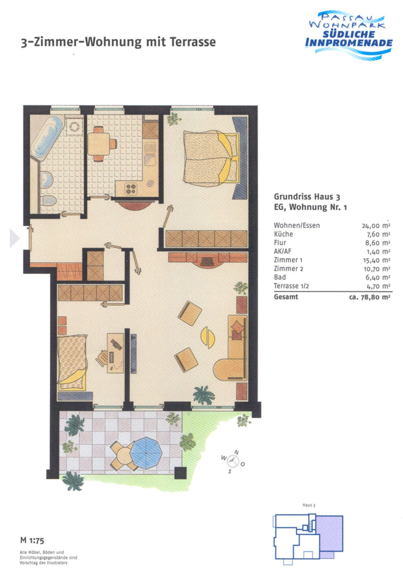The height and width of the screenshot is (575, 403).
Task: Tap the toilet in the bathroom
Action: coord(48,200)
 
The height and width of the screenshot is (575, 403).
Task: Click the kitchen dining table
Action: coord(99,144)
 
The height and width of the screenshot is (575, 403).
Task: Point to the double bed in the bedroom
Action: coord(211,158)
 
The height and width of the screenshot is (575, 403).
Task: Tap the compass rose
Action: coord(233,461)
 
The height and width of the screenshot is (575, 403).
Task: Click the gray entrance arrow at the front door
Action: coord(15,239)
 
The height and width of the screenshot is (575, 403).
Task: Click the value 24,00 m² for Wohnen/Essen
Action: coord(376,226)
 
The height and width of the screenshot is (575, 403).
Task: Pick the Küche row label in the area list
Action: coord(283,234)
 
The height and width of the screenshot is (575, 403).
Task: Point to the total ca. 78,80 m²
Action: coord(370,297)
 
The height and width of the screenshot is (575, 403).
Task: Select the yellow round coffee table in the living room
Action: coord(208,337)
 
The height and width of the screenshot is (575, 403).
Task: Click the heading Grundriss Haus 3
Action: coord(307,197)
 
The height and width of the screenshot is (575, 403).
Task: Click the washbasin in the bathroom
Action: coord(47,179)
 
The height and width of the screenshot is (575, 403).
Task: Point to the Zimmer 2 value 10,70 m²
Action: coord(377,269)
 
